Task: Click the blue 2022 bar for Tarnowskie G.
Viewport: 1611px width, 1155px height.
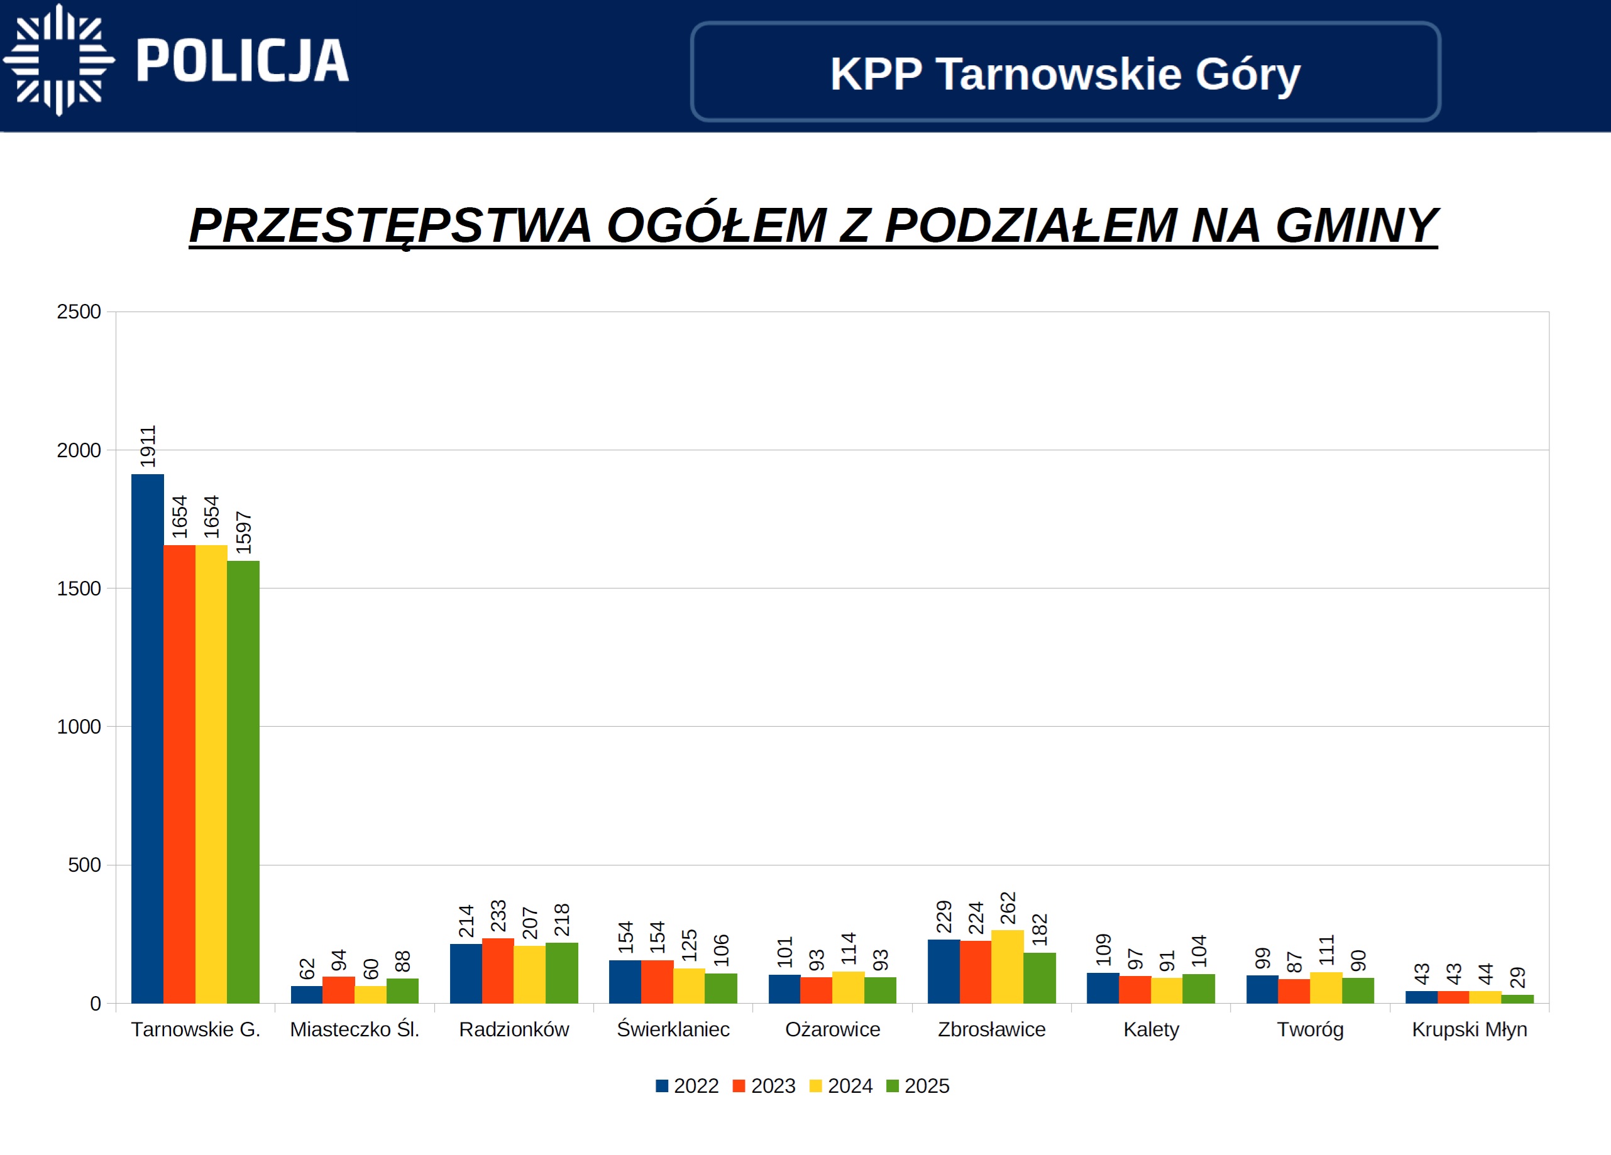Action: click(x=147, y=739)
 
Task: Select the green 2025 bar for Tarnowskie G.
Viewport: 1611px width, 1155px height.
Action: click(x=243, y=781)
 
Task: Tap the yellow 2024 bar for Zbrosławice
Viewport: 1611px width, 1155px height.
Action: click(x=1007, y=966)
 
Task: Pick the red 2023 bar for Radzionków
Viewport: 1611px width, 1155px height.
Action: click(x=498, y=970)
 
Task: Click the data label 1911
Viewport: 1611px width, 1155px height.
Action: click(x=148, y=447)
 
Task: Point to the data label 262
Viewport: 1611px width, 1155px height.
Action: click(x=1008, y=908)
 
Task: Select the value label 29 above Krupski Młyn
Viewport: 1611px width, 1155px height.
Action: click(x=1517, y=977)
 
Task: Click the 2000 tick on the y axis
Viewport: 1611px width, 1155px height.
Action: click(x=79, y=451)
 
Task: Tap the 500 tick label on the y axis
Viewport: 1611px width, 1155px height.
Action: click(x=84, y=865)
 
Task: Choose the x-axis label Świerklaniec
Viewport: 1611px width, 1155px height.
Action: click(x=673, y=1029)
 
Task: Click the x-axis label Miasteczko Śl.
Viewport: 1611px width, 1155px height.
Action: click(x=355, y=1029)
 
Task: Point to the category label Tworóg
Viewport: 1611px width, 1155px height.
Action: click(x=1310, y=1029)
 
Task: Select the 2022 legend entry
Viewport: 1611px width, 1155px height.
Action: click(x=688, y=1086)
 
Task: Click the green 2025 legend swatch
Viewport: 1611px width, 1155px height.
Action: click(x=893, y=1086)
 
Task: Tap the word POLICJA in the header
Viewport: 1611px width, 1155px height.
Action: click(x=242, y=61)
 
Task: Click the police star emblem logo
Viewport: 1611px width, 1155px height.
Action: click(x=59, y=60)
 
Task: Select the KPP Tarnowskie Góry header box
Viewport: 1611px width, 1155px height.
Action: click(x=1065, y=72)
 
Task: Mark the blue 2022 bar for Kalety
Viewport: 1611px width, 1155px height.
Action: click(x=1102, y=987)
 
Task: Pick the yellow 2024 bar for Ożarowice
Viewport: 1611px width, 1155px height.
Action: click(x=848, y=987)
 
